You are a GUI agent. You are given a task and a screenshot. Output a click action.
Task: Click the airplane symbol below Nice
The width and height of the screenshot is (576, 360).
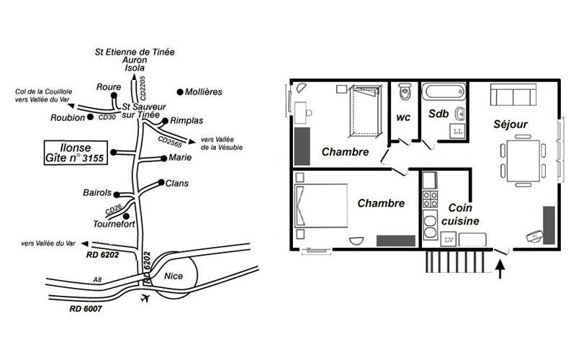click(x=145, y=298)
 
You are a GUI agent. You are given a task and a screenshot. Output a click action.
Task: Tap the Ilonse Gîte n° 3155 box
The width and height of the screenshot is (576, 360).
click(x=76, y=153)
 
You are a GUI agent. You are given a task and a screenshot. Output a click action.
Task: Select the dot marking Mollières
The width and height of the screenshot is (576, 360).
click(x=180, y=92)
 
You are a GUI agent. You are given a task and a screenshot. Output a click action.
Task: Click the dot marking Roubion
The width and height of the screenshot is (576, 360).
click(x=90, y=117)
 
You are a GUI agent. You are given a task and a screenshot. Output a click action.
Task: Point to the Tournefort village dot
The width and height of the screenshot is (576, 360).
click(x=126, y=216)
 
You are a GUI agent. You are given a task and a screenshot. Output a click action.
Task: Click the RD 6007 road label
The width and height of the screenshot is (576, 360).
click(x=86, y=309)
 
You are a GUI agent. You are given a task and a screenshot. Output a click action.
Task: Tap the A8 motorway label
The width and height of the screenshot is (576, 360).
click(x=97, y=280)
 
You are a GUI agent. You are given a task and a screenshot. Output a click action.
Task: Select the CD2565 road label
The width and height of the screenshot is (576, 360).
click(x=170, y=141)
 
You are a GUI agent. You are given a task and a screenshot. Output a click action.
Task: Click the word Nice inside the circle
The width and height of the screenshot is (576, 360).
click(x=174, y=276)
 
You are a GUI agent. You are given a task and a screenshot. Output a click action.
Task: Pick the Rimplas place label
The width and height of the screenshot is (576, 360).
click(x=186, y=120)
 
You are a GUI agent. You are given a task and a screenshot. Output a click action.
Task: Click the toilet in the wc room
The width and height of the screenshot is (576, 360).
click(x=405, y=91)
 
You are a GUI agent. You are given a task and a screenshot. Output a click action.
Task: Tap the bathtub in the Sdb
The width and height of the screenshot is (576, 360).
click(x=444, y=92)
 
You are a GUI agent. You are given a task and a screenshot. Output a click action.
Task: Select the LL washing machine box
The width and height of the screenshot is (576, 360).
click(x=458, y=132)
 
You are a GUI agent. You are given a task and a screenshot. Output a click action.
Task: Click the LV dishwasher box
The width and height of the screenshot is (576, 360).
click(x=449, y=240)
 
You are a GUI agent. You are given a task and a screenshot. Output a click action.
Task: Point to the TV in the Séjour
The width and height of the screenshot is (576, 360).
click(x=534, y=236)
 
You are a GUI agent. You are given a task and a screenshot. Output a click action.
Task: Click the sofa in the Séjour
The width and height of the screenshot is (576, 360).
click(x=513, y=95)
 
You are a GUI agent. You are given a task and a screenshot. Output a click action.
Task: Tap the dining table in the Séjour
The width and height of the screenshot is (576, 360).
click(x=523, y=161)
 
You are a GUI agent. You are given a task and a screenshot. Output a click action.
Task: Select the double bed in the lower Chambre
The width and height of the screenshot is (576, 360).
click(x=321, y=206)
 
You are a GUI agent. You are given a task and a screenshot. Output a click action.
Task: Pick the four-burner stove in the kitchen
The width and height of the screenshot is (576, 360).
click(x=430, y=199)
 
